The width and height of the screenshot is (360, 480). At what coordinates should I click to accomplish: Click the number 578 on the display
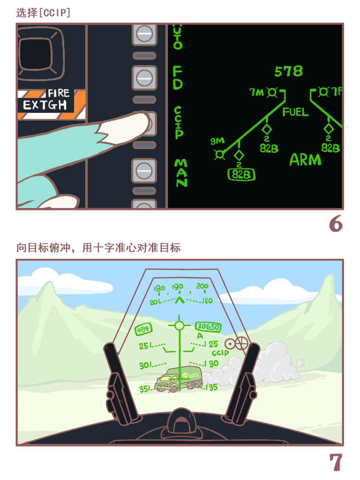point(288,71)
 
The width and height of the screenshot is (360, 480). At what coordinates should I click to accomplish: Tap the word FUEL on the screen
point(295,112)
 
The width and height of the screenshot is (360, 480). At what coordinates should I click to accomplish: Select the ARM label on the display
point(305,160)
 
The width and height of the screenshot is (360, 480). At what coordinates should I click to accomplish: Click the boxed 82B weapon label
point(241,174)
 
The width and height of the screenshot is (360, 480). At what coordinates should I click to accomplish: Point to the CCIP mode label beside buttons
point(178,122)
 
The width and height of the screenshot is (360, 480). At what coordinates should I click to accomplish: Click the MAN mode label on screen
point(180,172)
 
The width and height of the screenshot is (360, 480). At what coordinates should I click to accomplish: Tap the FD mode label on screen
point(178,77)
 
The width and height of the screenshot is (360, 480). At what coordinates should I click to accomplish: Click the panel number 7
point(336,463)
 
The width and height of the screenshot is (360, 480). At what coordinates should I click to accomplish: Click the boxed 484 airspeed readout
point(143,330)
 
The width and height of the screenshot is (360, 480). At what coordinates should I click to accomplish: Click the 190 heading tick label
point(177,287)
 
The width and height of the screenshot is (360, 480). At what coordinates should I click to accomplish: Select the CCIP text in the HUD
point(220,353)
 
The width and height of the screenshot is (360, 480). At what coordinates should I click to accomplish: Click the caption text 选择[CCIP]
point(43,13)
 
